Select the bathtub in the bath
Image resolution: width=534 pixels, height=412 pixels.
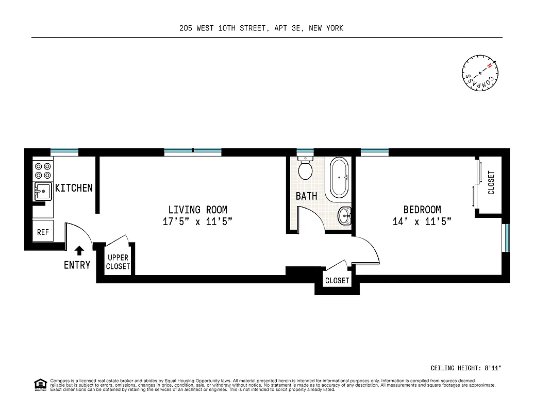pos(339,178)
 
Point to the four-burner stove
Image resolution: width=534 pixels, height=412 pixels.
pos(43,170)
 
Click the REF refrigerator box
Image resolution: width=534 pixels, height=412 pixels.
pos(43,232)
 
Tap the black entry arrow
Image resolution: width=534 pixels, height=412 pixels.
pos(79,251)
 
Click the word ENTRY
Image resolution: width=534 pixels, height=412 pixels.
pos(77,265)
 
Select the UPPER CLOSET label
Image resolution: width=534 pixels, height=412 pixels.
pos(118,262)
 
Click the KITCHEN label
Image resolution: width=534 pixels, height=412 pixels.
pos(74,188)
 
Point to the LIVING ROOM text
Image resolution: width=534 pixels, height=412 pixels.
pos(197,210)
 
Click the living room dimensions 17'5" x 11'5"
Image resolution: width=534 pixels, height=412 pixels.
pos(197,222)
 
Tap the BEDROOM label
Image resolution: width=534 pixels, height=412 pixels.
pos(422,210)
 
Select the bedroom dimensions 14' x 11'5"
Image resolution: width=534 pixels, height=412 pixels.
pos(422,222)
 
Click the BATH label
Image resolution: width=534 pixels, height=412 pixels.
pos(306,196)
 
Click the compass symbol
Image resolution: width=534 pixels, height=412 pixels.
pos(480,75)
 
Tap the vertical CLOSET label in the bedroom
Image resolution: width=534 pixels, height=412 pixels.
pos(491,182)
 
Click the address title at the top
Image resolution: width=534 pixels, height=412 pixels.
pos(261,28)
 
